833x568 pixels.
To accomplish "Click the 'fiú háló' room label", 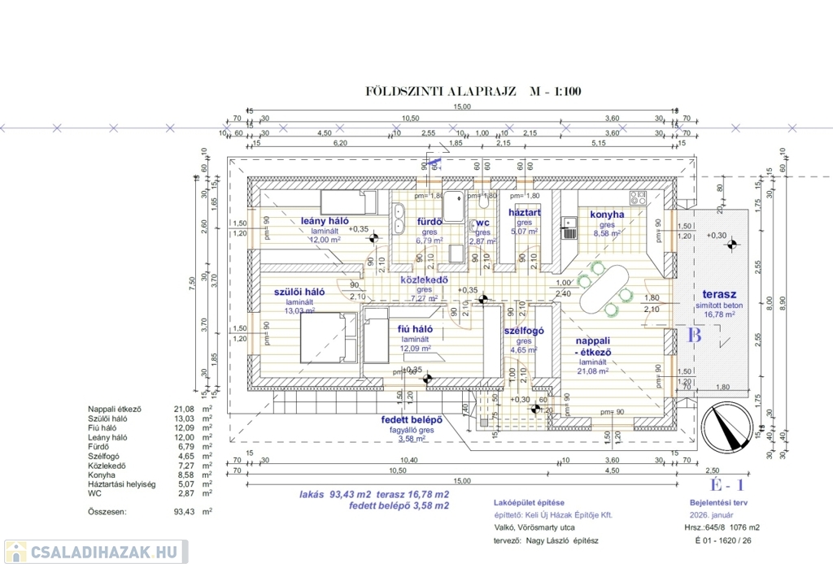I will (x=414, y=329).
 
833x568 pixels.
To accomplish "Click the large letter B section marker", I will (x=694, y=334).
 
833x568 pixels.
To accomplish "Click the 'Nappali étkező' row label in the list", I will (x=115, y=410).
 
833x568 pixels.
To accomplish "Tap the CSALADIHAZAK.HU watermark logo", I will (x=95, y=553).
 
